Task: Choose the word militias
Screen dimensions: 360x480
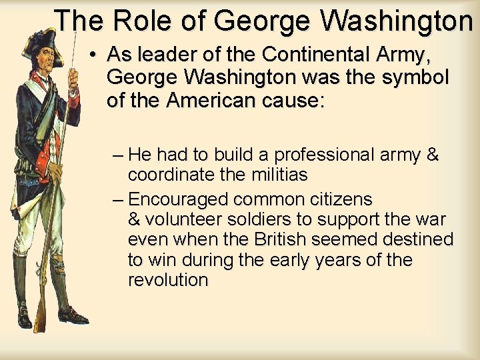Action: [272, 175]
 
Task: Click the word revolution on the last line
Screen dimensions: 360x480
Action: [168, 280]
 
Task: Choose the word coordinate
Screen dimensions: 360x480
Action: [168, 175]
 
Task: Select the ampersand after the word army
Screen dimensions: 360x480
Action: [432, 155]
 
